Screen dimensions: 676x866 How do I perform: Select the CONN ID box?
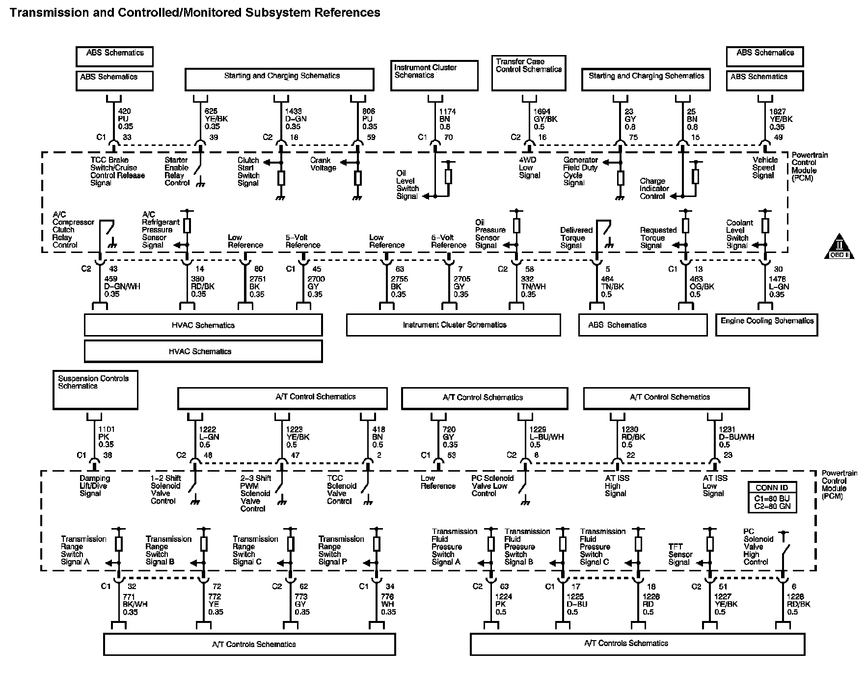[772, 497]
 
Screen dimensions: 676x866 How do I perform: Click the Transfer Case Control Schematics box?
[529, 73]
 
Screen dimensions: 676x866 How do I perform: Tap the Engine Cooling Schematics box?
[767, 325]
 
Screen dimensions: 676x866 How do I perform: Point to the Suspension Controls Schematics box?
[95, 390]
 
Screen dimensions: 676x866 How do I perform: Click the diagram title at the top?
[195, 13]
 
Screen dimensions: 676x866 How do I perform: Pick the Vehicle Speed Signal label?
[765, 168]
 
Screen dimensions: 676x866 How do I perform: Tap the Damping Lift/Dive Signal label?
[94, 486]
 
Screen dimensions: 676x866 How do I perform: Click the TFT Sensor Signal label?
[680, 554]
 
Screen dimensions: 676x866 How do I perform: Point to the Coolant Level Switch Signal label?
[739, 234]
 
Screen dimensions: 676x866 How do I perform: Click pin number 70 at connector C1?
[448, 138]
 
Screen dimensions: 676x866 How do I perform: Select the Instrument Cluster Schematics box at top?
[434, 75]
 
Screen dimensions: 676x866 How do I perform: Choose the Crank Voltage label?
[323, 164]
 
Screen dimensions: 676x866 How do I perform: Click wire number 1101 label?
[106, 429]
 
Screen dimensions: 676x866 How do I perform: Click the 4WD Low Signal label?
[529, 168]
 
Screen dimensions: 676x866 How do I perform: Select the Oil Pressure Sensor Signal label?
[489, 234]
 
